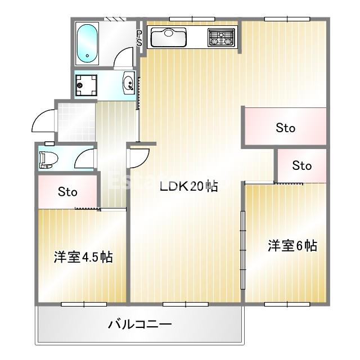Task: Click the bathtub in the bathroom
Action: tap(87, 43)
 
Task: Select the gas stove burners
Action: tap(220, 38)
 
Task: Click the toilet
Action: tap(47, 159)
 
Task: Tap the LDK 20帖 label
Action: tap(188, 187)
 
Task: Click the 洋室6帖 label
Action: tap(292, 246)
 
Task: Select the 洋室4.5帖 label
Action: tap(83, 257)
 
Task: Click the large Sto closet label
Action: tap(285, 128)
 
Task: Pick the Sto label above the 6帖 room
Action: tap(301, 166)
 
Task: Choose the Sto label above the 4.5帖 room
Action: tap(67, 192)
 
